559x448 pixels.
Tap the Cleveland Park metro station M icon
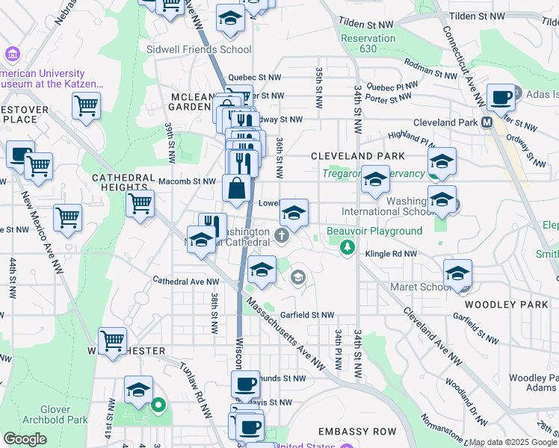[x=487, y=122]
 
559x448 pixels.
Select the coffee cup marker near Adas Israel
[x=501, y=96]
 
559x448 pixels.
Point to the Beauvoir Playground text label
[x=374, y=231]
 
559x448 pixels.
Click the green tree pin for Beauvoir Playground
[x=346, y=246]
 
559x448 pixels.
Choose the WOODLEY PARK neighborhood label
[x=500, y=305]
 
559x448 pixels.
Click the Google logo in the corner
[x=25, y=438]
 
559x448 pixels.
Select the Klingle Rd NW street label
[x=390, y=255]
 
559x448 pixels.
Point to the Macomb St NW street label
[x=187, y=181]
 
